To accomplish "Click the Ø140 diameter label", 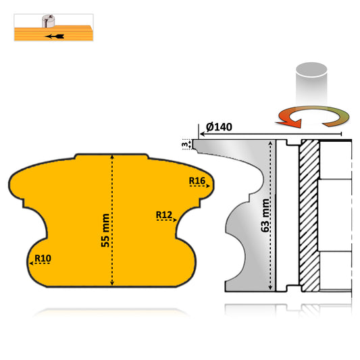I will [x=220, y=128].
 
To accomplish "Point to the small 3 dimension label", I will [x=186, y=144].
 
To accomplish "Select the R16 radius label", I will [x=197, y=180].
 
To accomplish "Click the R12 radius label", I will [x=163, y=215].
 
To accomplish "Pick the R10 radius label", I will [x=43, y=258].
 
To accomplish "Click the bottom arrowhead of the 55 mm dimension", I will [x=114, y=283].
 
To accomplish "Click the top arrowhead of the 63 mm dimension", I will [x=274, y=143].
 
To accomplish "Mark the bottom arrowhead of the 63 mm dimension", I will [x=274, y=290].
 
